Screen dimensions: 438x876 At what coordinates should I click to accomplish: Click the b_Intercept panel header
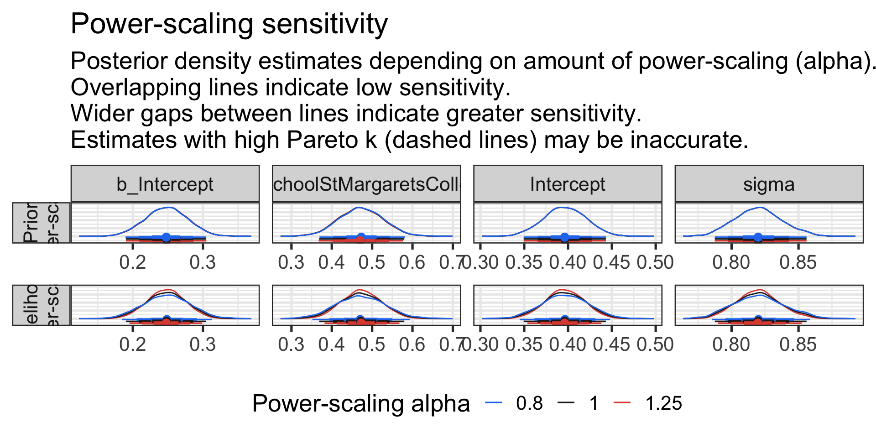coord(165,184)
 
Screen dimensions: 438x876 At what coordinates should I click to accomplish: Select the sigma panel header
coord(769,184)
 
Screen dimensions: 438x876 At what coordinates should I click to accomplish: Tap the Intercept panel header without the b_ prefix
coord(568,184)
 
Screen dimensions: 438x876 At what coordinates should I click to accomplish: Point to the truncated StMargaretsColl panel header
coord(366,184)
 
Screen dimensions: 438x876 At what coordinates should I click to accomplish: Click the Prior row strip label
coord(41,223)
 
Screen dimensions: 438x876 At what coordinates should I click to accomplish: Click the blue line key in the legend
coord(494,402)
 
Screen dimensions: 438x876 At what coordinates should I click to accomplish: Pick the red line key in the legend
coord(622,402)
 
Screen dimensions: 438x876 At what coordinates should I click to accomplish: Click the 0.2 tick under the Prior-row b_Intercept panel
coord(132,262)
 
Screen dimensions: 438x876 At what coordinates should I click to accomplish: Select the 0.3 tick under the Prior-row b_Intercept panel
coord(203,262)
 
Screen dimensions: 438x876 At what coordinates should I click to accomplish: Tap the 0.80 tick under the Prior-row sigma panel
coord(731,262)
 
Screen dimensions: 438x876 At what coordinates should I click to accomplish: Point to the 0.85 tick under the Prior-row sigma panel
coord(798,262)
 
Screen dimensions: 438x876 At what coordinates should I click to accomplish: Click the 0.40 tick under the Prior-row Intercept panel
coord(568,262)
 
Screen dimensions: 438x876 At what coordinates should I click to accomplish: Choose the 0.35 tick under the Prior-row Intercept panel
coord(524,262)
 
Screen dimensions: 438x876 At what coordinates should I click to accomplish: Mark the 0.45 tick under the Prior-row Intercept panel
coord(611,262)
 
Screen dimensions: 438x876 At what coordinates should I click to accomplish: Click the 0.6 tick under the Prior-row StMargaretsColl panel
coord(412,262)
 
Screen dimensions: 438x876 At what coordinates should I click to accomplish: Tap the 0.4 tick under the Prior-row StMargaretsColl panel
coord(332,262)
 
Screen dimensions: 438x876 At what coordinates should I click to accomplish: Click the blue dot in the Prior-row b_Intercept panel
coord(166,237)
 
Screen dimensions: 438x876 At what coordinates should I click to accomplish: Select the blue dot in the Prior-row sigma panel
coord(758,237)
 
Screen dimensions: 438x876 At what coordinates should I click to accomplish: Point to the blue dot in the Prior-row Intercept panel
coord(564,237)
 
